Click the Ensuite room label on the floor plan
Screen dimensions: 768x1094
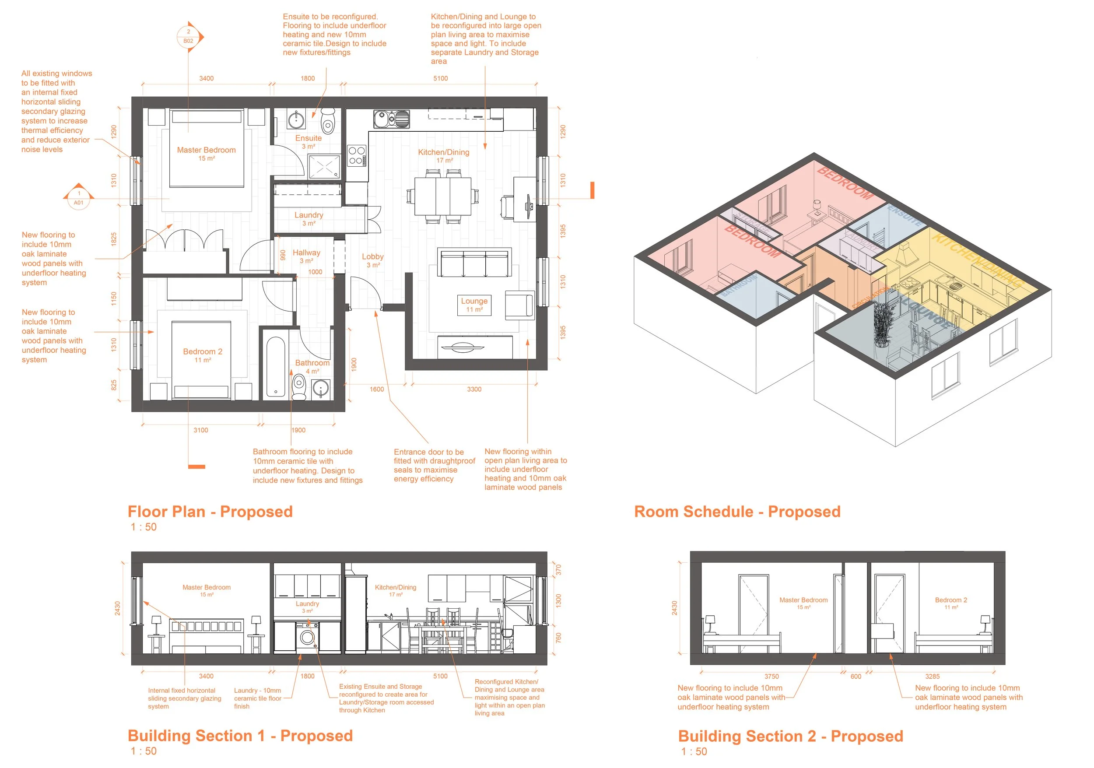308,138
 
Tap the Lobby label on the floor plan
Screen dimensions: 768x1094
372,257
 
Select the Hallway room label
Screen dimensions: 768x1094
306,253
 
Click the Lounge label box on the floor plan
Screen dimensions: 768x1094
474,305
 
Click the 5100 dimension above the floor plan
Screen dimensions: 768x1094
440,79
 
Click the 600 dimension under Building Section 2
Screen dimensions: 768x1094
856,677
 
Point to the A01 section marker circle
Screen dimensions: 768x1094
79,198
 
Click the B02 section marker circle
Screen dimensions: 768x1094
188,37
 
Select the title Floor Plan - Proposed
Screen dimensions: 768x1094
210,512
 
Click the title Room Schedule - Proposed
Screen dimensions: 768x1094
737,512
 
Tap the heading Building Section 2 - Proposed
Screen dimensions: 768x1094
790,736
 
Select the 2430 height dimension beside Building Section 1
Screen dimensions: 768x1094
118,608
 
